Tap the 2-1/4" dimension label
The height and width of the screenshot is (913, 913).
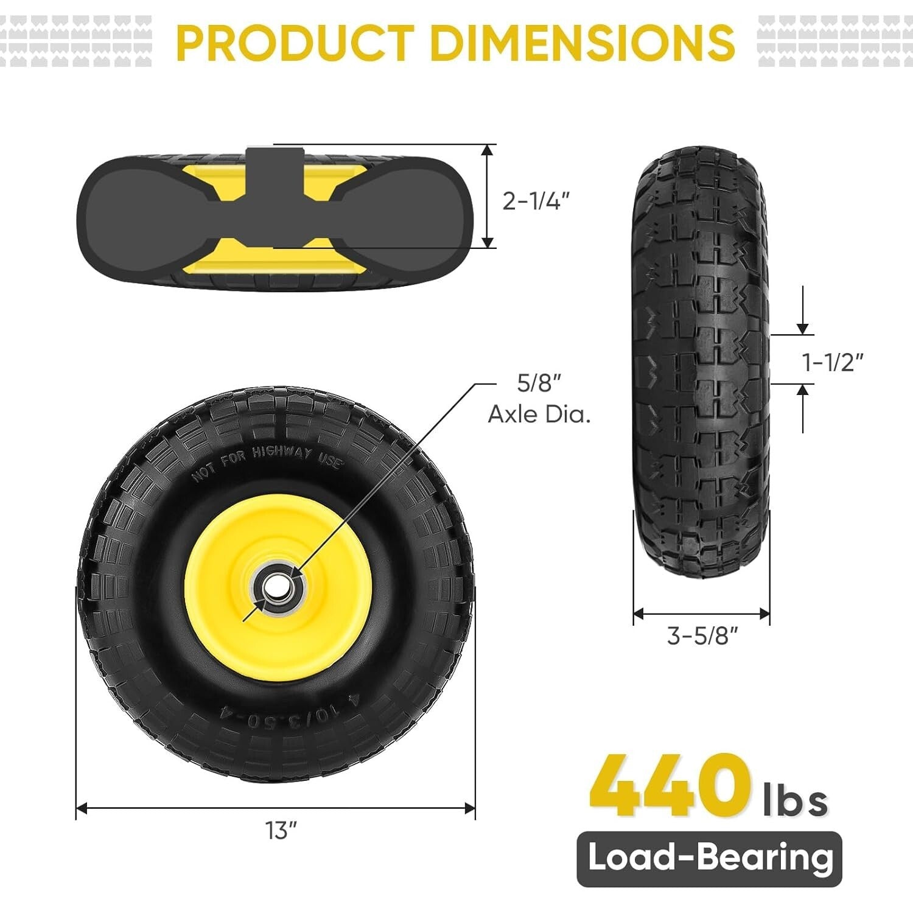tap(536, 201)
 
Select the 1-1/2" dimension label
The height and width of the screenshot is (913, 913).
tap(833, 363)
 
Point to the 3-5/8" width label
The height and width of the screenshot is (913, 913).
tap(702, 636)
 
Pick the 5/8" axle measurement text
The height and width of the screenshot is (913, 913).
tap(538, 383)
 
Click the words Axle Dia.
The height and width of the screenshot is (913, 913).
tap(539, 415)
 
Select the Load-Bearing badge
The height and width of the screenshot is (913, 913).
tap(709, 858)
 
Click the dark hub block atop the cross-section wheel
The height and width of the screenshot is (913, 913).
tap(274, 170)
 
